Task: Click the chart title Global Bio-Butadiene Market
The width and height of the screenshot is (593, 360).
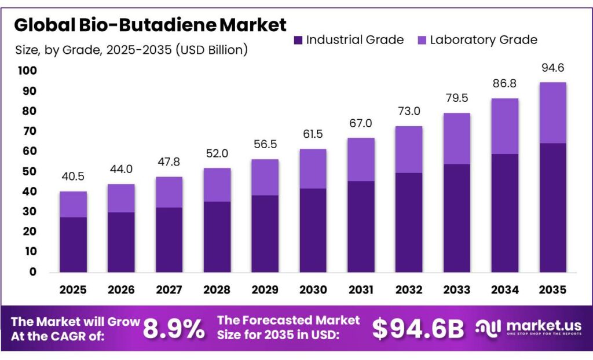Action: (150, 25)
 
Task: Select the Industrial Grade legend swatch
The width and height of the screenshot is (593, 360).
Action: (298, 40)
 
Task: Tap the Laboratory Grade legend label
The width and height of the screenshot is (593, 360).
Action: (483, 40)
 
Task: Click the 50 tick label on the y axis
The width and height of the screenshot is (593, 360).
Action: (29, 171)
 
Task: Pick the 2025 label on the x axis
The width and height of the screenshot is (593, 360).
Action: (74, 289)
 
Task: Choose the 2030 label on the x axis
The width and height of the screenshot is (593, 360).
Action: (313, 289)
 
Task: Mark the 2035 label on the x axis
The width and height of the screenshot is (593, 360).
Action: (552, 289)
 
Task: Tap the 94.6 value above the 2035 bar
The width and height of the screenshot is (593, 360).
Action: (552, 68)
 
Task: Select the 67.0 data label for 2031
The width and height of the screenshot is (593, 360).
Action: (361, 123)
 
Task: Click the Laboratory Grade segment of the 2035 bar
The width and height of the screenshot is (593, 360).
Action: (552, 113)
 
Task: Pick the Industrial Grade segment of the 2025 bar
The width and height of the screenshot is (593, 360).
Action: (74, 245)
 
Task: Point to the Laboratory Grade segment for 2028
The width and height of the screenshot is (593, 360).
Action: (217, 185)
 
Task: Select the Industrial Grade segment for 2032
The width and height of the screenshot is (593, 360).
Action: (408, 223)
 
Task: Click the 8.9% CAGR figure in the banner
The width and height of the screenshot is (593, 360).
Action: (174, 329)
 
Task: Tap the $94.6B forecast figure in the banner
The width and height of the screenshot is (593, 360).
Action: (418, 329)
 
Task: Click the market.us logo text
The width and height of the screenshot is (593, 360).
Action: (536, 326)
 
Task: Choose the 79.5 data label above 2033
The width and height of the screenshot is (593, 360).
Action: (456, 98)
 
